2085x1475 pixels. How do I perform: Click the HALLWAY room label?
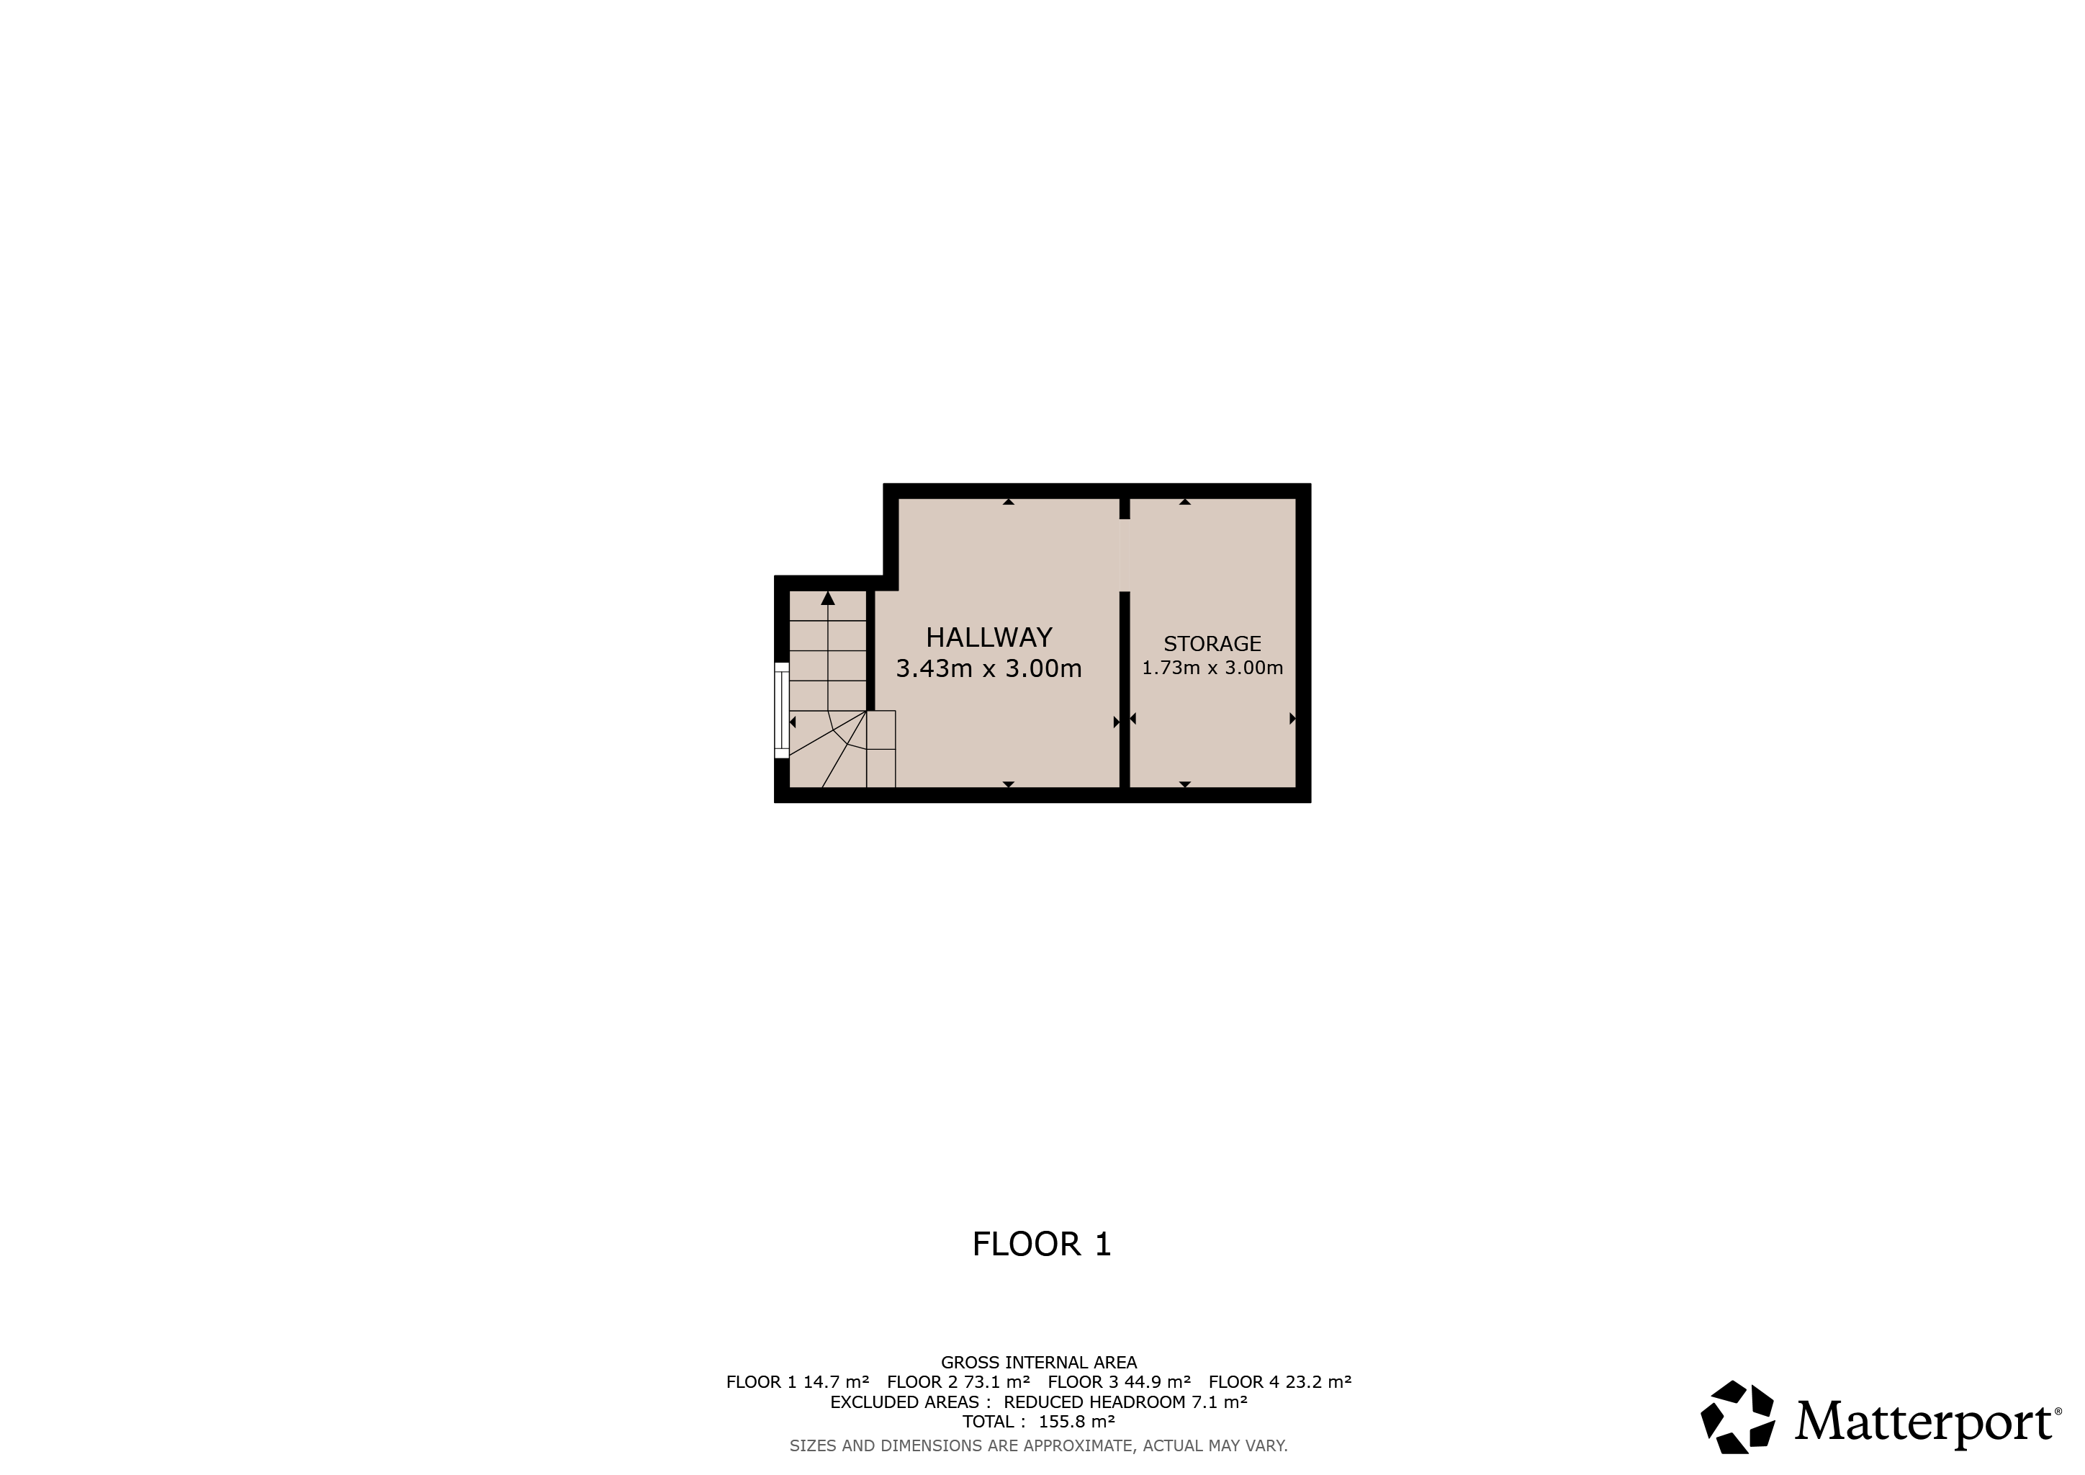989,637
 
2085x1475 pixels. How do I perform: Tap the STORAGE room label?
1212,644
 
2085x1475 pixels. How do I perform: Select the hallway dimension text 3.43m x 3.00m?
989,668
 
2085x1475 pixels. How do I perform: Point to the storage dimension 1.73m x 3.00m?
1212,668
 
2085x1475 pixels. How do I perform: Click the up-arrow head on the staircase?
828,598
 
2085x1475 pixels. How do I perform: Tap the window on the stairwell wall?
781,710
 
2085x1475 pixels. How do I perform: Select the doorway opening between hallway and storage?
1125,555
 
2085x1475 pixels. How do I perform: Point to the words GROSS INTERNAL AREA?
1039,1363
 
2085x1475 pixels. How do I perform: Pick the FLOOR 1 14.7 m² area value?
797,1382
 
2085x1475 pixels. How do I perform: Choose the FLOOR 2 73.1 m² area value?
959,1382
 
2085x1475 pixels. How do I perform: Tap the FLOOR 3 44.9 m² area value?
1120,1382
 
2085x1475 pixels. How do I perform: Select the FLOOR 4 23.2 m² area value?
1280,1382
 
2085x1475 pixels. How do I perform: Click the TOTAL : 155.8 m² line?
1039,1422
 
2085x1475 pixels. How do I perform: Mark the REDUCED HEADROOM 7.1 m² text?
1126,1402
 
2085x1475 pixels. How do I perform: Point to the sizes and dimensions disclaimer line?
1039,1445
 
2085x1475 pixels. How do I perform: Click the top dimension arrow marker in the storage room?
1185,501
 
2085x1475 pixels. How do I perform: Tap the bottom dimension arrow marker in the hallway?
1009,784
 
